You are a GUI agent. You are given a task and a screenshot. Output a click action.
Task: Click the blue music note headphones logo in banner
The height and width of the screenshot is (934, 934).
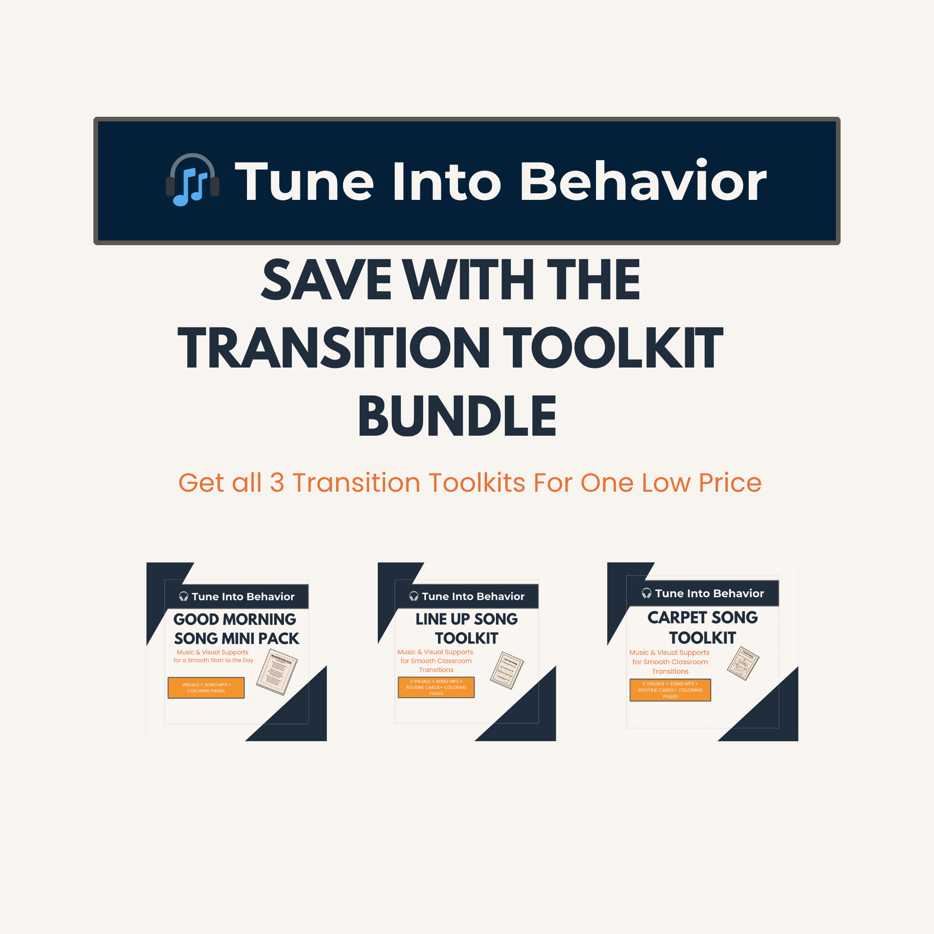[192, 180]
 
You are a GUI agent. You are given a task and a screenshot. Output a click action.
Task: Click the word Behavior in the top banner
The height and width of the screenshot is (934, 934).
[643, 182]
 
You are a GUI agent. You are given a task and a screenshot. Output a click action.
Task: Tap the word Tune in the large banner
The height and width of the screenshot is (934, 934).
[304, 182]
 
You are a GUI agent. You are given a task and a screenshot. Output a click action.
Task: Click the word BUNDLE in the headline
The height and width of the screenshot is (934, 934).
[457, 416]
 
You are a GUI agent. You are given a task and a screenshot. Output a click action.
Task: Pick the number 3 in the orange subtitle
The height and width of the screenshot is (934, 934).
[276, 483]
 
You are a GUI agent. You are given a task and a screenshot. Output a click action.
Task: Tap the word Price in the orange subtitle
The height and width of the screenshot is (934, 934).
[730, 483]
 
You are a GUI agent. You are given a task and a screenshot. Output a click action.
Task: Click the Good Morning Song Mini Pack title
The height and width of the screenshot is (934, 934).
[236, 629]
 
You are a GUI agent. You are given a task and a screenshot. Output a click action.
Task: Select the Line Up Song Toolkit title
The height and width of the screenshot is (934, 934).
[467, 629]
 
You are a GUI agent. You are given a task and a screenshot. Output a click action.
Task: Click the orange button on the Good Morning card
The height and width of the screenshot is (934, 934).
[206, 687]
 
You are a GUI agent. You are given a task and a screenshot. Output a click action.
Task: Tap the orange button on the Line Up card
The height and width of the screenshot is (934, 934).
[436, 687]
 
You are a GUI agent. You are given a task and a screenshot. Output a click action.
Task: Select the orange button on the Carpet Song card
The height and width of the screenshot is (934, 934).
[670, 690]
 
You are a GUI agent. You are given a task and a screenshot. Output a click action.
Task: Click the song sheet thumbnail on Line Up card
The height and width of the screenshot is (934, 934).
[507, 670]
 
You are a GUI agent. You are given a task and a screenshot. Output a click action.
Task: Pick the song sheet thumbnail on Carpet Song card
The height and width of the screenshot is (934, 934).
[743, 663]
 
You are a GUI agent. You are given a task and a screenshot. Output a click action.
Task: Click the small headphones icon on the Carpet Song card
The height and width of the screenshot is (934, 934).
[646, 593]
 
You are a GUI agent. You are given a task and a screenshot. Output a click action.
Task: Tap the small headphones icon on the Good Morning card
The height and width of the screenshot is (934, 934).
[184, 596]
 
